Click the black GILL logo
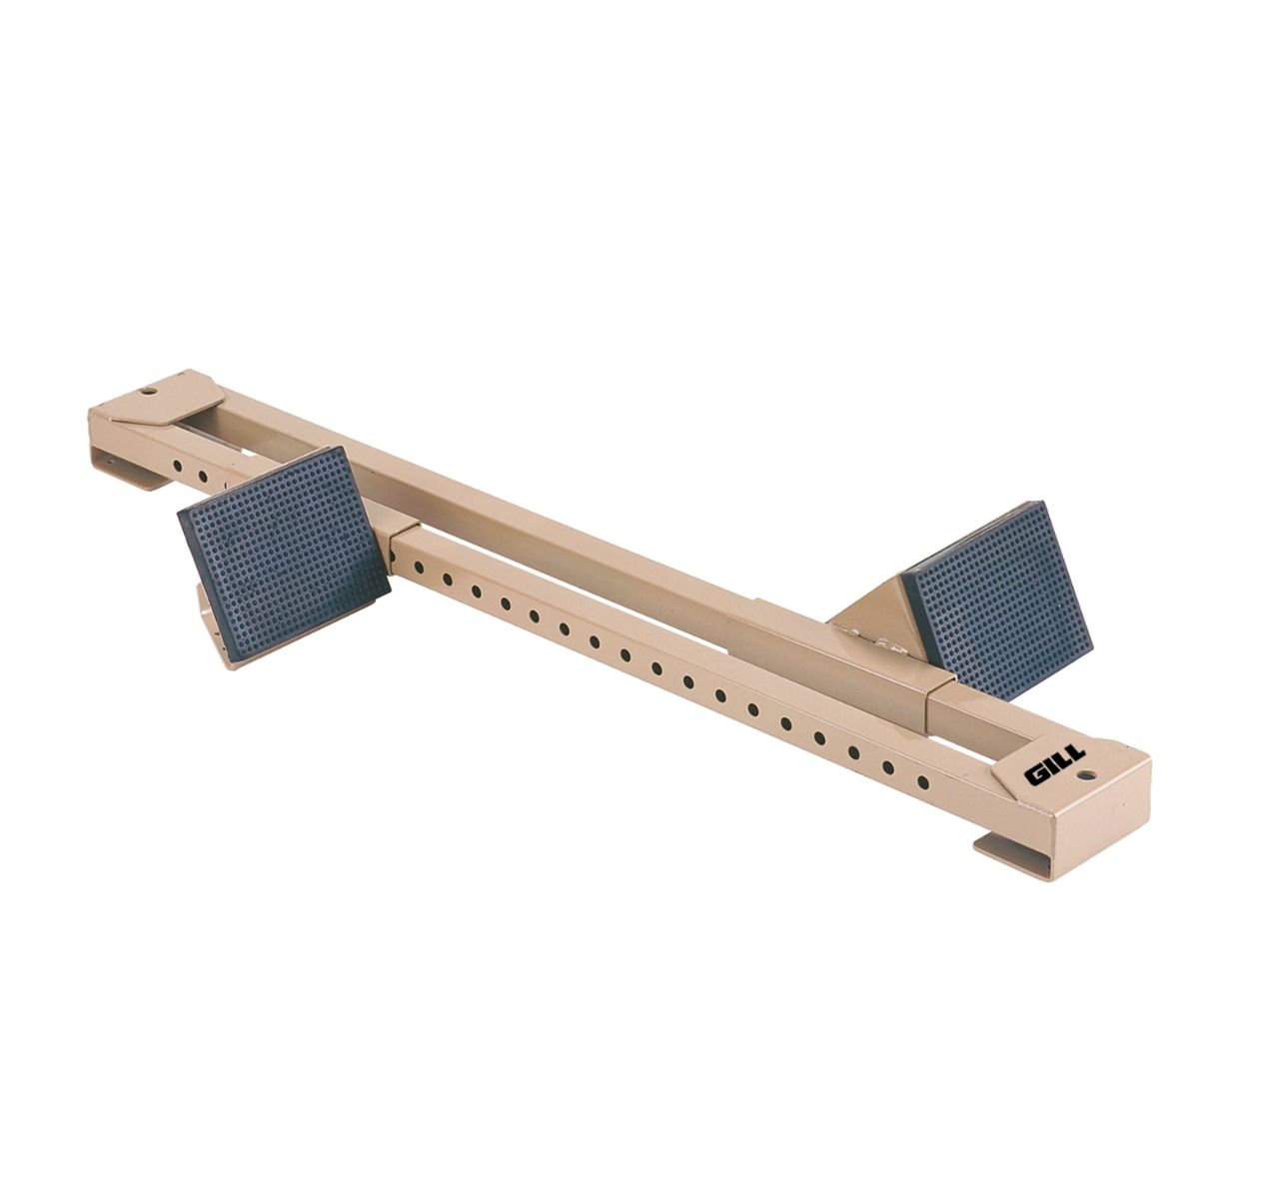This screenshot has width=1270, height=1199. (x=1054, y=770)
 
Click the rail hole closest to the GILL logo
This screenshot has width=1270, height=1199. (x=922, y=781)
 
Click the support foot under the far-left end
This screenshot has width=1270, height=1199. (x=125, y=474)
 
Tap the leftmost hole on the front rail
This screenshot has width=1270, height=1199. (x=176, y=466)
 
